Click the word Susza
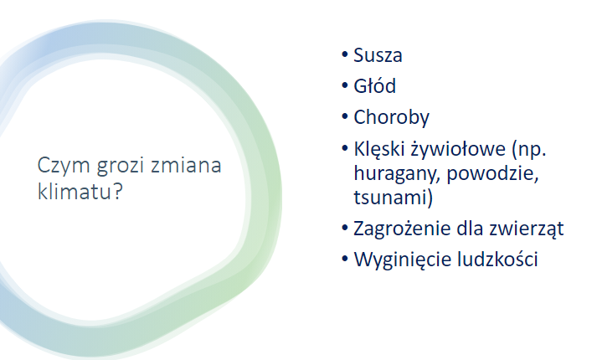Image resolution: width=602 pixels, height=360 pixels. point(378,55)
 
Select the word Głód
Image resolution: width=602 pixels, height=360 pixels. point(374,85)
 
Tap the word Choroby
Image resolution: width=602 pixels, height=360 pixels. point(391,117)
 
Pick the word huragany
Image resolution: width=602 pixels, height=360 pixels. point(398,174)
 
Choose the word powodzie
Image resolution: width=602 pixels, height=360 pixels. point(493,173)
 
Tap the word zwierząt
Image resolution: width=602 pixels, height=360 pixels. point(527,229)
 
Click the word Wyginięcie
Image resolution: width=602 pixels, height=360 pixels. point(403,260)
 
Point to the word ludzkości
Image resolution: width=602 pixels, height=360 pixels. point(497,259)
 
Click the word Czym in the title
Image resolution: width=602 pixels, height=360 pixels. point(64,166)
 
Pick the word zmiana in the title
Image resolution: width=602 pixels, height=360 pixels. point(186,165)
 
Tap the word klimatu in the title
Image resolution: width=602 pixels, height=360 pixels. point(75,191)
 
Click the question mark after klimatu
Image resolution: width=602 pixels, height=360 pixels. point(117,191)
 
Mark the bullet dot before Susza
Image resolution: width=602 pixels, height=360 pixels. point(344,54)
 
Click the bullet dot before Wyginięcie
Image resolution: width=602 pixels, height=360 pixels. point(344,258)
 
